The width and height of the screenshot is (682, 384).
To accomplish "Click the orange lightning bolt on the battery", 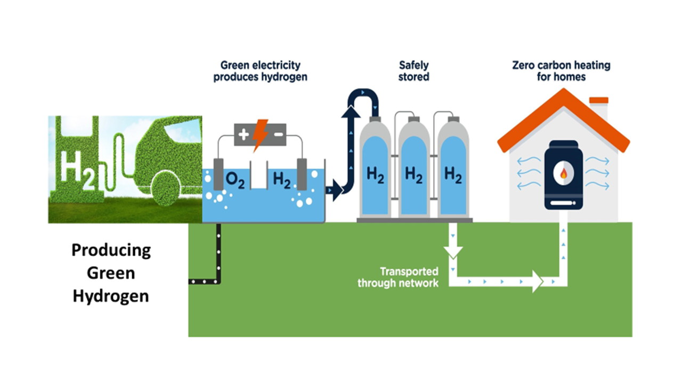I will coord(260,134).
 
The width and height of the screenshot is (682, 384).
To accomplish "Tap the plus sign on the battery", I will coord(243,134).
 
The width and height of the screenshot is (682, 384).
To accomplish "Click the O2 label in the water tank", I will coord(235,180).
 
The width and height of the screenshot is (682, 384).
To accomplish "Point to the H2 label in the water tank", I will coord(282,180).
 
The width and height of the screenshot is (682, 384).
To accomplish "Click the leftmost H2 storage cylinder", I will coord(375,171).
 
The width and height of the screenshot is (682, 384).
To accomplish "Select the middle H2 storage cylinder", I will coord(414,171).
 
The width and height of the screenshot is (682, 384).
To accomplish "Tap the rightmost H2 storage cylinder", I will coord(453,171).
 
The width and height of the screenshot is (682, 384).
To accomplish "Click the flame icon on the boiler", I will coord(563,173).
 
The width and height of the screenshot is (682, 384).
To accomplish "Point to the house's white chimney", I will coord(599,108).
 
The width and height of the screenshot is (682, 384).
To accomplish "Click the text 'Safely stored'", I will coord(414,71).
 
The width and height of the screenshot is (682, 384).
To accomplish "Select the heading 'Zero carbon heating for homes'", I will coord(561,71).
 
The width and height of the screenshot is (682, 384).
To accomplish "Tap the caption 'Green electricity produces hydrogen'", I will coord(260,71).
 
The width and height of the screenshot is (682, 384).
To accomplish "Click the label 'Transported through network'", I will coord(398,277).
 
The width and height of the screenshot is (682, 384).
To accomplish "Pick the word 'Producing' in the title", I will coord(111,250).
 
